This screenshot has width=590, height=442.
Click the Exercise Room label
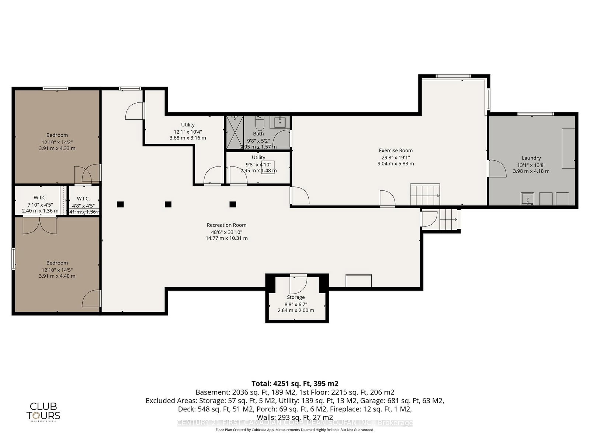pos(396,150)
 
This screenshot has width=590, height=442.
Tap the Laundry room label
pos(531,158)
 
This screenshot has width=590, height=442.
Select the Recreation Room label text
pos(226,225)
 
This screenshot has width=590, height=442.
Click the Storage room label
pos(296,297)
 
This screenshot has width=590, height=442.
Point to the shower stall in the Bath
pos(235,132)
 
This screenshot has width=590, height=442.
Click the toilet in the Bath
pos(260,122)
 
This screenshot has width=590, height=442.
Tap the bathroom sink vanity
pos(280,122)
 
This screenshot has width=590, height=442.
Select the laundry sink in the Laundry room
pos(528,199)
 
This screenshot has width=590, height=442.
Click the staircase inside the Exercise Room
pos(425,195)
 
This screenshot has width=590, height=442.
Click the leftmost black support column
pos(120,204)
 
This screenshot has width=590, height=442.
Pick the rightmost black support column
pos(233,204)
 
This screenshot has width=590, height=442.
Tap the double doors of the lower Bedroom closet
pos(40,225)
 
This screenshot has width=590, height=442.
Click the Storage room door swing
pos(298,284)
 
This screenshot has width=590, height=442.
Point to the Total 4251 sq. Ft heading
pos(295,383)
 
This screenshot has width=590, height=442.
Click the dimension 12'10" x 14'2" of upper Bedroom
pos(57,142)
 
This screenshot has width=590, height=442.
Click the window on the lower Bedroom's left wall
pos(14,259)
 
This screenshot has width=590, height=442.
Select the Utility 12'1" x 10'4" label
pos(188,131)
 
